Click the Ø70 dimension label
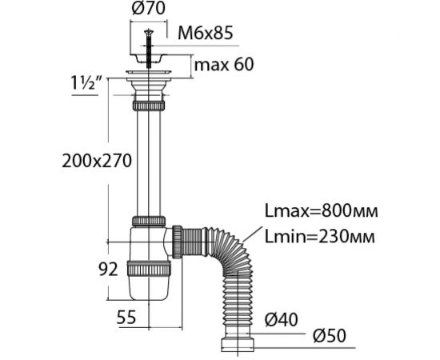[149, 9]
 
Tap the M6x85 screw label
[206, 33]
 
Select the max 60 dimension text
[224, 64]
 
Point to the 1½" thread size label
[85, 83]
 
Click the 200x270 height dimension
[97, 161]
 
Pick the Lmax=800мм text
[322, 210]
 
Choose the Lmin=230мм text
[320, 237]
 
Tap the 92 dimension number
[108, 270]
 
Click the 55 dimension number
[126, 318]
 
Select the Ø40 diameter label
[282, 319]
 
